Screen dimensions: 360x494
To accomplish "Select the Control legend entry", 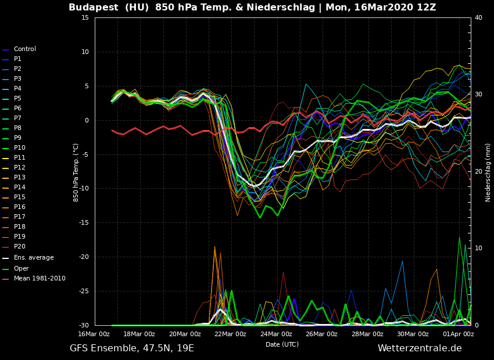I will click(24, 49).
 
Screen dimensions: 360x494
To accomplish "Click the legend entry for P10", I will click(20, 148).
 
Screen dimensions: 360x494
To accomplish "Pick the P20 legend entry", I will click(20, 247).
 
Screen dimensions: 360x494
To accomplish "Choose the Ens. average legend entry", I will click(33, 258).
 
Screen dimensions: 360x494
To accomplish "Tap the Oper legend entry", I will click(21, 269).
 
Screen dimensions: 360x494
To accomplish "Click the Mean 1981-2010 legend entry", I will click(40, 279).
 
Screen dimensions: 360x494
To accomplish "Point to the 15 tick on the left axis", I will click(85, 17).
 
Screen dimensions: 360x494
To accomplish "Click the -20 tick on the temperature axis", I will click(84, 257).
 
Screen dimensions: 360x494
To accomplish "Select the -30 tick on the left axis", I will click(84, 325).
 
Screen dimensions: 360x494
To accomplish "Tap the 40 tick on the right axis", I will click(478, 17).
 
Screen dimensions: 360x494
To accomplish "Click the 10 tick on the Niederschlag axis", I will click(478, 248).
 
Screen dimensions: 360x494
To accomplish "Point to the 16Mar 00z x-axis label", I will click(94, 334).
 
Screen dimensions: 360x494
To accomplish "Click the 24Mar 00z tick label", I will click(276, 334).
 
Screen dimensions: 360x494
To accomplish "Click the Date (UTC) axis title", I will click(282, 344).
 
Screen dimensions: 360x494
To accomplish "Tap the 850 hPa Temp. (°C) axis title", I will click(76, 172).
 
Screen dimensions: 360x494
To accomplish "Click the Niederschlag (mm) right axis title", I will click(488, 172).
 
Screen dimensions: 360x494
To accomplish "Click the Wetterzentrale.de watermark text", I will click(420, 348).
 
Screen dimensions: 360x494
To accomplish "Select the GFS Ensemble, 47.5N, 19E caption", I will click(132, 348).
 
